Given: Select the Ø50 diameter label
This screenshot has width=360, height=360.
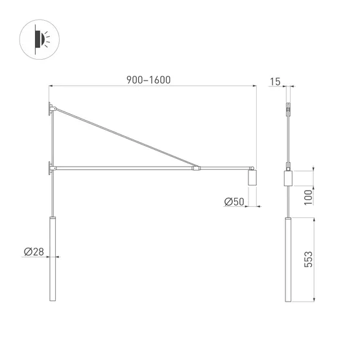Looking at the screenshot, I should pyautogui.click(x=234, y=202).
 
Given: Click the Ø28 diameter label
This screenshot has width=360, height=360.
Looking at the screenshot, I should pyautogui.click(x=34, y=252).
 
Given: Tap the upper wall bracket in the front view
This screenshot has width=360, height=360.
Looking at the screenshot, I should pyautogui.click(x=51, y=109).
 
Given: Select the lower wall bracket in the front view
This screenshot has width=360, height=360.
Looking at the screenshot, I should pyautogui.click(x=50, y=169).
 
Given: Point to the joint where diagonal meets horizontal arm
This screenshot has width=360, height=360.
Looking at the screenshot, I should pyautogui.click(x=196, y=169).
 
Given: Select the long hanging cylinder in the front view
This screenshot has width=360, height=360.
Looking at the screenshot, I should pyautogui.click(x=53, y=259).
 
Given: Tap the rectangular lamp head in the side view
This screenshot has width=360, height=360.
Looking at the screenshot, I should pyautogui.click(x=289, y=178).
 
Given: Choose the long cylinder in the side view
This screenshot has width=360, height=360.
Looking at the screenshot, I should pyautogui.click(x=289, y=259).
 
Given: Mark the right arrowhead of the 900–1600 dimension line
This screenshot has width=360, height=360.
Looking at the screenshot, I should pyautogui.click(x=254, y=86).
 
